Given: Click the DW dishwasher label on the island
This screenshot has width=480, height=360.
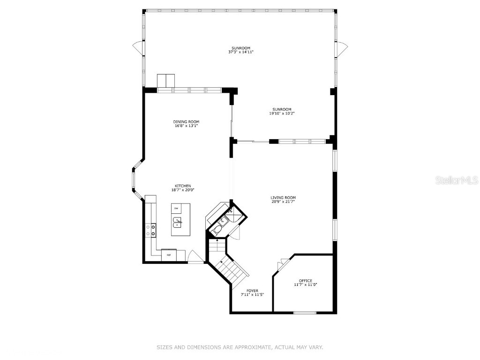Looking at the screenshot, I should tap(176, 208).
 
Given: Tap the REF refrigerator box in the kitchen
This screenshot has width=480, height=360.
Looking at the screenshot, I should tap(169, 255).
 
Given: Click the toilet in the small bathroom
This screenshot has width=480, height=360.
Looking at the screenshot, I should tap(217, 229).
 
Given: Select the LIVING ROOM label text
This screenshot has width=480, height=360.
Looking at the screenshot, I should tap(283, 198).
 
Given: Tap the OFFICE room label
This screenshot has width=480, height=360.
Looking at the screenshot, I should tap(306, 281).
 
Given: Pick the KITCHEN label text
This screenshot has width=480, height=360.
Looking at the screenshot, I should tap(183, 186).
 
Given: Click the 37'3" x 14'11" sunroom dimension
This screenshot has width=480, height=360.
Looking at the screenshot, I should tap(241, 52).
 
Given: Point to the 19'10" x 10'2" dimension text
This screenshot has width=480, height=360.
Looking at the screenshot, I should tap(282, 113).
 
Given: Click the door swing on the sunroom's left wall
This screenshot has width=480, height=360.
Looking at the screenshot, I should tap(137, 47).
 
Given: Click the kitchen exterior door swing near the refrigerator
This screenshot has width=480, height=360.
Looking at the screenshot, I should tap(195, 257).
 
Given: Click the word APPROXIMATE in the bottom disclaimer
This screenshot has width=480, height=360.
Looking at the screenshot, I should tap(248, 347).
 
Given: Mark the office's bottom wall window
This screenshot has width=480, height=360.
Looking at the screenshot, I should tap(305, 313).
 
